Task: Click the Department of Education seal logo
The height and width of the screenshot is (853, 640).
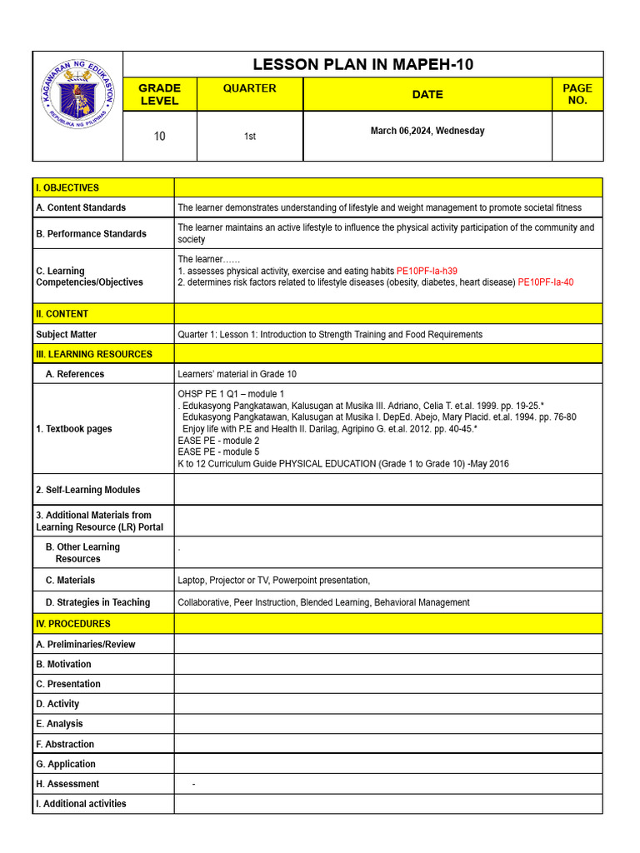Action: point(78,106)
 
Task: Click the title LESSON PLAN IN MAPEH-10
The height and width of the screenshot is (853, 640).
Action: point(362,65)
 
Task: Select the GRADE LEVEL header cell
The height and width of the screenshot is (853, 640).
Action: point(159,94)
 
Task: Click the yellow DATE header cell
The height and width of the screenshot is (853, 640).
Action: point(427,94)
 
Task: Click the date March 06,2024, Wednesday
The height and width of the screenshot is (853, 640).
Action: point(427,131)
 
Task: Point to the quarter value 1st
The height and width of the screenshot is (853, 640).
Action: point(249,137)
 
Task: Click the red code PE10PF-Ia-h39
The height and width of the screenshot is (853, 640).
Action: point(427,272)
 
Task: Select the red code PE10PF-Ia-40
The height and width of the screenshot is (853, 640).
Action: point(545,282)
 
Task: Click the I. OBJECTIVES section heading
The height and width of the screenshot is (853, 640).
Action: point(67,188)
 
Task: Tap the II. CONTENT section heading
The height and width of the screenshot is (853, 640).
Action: point(62,314)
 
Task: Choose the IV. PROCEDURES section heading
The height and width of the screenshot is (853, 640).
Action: point(73,624)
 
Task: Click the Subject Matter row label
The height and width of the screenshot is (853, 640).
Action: point(67,335)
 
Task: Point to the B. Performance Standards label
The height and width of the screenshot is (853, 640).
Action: point(92,234)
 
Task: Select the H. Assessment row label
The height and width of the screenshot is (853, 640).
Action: point(67,784)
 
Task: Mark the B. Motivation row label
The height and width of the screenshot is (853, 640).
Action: point(64,664)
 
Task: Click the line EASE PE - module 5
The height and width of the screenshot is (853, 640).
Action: point(218,452)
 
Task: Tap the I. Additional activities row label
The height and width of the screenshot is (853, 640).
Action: point(82,804)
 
